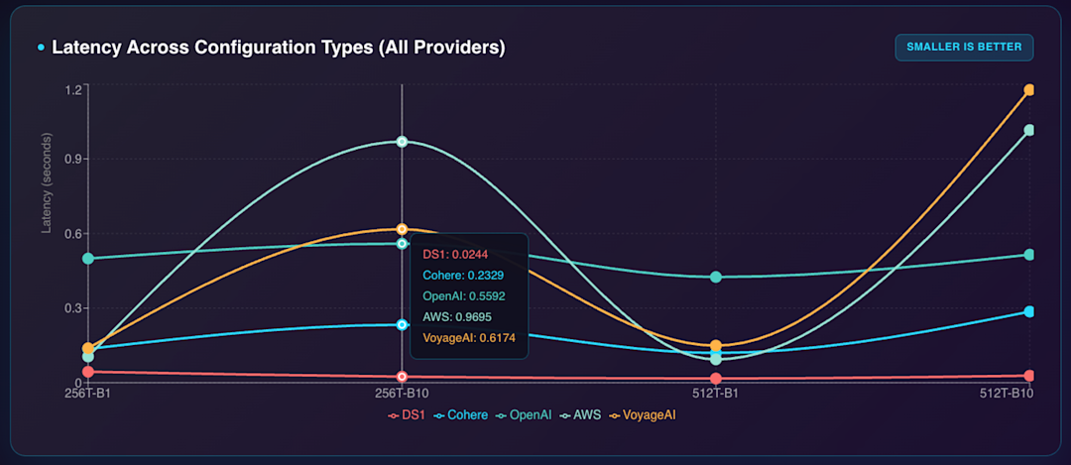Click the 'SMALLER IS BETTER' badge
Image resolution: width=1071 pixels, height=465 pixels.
pyautogui.click(x=964, y=47)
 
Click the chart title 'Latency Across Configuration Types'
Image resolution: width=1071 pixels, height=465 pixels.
pyautogui.click(x=278, y=48)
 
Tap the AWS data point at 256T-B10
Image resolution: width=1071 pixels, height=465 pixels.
pyautogui.click(x=402, y=142)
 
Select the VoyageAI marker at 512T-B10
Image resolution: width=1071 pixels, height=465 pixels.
pyautogui.click(x=1029, y=90)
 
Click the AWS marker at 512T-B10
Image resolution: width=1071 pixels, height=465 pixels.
pyautogui.click(x=1029, y=130)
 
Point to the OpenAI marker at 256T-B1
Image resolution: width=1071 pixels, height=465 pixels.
pyautogui.click(x=88, y=259)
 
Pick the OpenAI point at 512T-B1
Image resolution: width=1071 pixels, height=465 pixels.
pyautogui.click(x=715, y=277)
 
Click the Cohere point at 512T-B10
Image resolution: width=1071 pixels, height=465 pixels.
pyautogui.click(x=1029, y=312)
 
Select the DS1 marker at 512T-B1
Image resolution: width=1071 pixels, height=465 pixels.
pyautogui.click(x=715, y=379)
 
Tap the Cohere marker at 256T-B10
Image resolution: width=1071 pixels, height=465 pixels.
pyautogui.click(x=402, y=324)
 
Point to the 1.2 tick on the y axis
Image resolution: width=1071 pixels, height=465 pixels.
pyautogui.click(x=71, y=90)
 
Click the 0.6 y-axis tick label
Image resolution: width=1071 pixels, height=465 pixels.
pyautogui.click(x=71, y=234)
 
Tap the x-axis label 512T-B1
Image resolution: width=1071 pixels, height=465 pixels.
pyautogui.click(x=715, y=395)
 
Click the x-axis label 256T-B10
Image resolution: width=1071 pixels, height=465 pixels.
pyautogui.click(x=402, y=395)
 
